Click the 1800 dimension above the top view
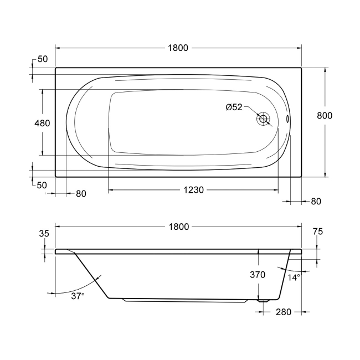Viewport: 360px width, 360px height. pos(178,48)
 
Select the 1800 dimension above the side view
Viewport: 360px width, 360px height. pos(178,227)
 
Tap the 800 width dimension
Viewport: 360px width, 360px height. pos(325,115)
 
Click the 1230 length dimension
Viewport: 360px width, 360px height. pos(194,190)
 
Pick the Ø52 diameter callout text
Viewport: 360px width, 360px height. pos(234,107)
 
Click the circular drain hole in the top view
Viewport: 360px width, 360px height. pos(263,118)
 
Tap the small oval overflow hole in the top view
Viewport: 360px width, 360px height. pos(287,118)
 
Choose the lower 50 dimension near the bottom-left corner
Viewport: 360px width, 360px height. pos(42,185)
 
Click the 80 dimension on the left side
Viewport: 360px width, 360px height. pos(81,194)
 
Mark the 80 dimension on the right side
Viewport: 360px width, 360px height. pos(316,201)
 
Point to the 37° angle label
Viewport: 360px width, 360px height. pos(78,296)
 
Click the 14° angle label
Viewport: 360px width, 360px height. pos(294,277)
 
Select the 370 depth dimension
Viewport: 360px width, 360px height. pos(257,274)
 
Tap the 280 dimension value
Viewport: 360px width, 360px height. pos(284,312)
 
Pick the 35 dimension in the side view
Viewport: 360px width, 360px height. pos(44,234)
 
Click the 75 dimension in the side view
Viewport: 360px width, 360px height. pos(317,232)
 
